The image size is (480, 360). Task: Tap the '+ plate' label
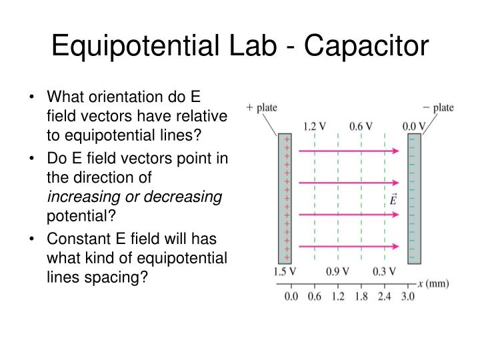(x=261, y=107)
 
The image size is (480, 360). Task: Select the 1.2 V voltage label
(x=315, y=125)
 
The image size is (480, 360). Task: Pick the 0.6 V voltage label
(x=361, y=125)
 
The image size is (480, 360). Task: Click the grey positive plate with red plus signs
(x=285, y=198)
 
